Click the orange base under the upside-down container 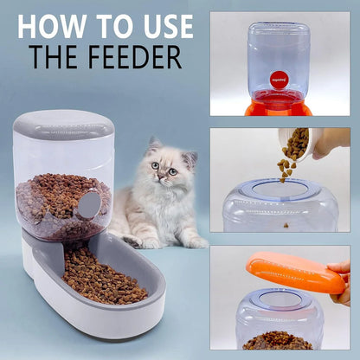click(x=280, y=107)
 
